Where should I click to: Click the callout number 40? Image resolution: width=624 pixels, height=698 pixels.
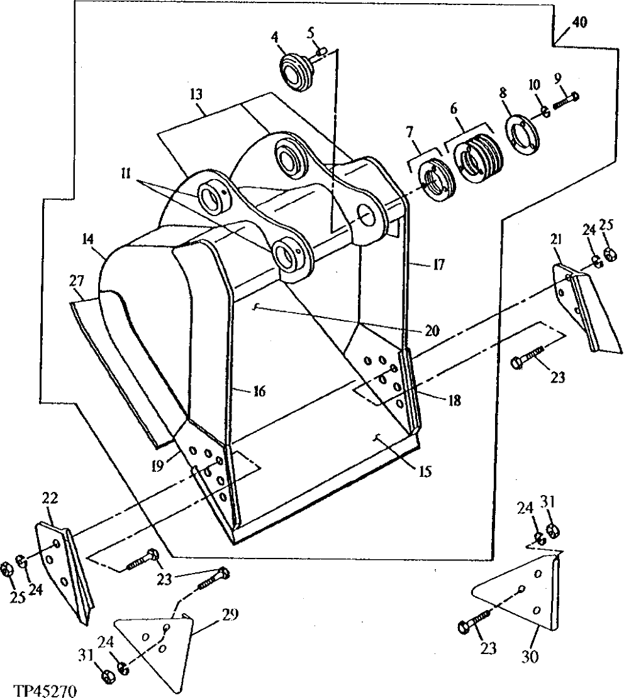(x=579, y=23)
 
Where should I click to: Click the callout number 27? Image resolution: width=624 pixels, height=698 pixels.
(x=77, y=280)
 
